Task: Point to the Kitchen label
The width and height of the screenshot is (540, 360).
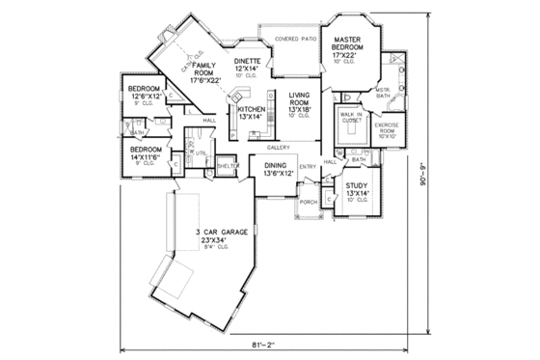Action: [251, 113]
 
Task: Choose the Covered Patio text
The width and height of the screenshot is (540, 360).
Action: [296, 40]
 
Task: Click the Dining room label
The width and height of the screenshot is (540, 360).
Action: [280, 171]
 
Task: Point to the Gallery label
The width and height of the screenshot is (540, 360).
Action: [279, 147]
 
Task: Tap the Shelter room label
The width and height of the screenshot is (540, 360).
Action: [228, 166]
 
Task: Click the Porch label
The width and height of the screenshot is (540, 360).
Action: [309, 202]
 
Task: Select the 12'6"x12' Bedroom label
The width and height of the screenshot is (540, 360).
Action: [144, 94]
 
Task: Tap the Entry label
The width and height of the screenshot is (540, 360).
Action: [308, 167]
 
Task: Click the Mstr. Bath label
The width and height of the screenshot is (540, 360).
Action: [382, 93]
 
